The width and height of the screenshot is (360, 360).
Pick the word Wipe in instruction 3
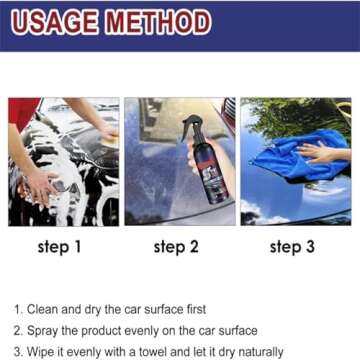[x=44, y=350]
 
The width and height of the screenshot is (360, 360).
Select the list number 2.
[x=17, y=330]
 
